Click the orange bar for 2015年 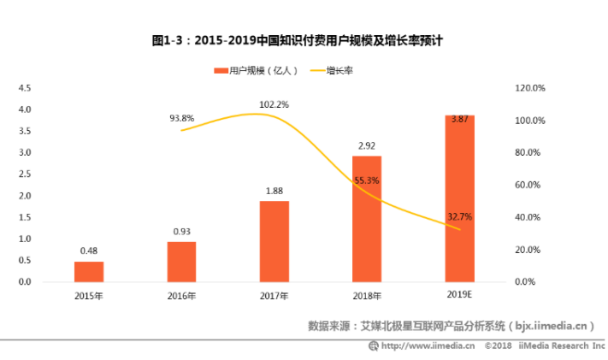pos(89,271)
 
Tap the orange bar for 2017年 pos(274,241)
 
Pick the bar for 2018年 pos(367,219)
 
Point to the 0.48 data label pos(89,251)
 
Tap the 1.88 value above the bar pos(274,192)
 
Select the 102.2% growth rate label pos(274,104)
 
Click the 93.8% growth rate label pos(182,118)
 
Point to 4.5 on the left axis pos(25,88)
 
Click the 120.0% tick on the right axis pos(530,88)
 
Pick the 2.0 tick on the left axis pos(25,196)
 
